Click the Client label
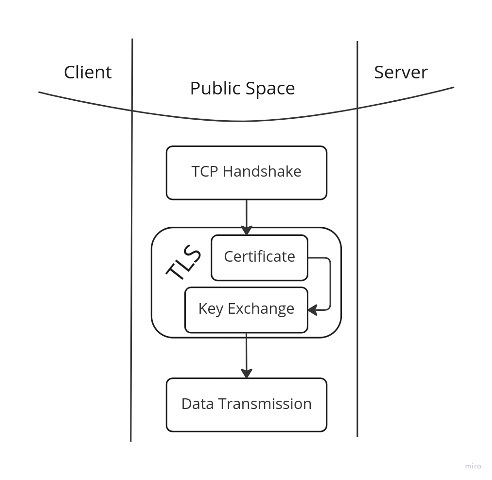88,73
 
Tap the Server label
401,73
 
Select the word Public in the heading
215,89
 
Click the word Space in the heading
270,89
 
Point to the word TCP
204,172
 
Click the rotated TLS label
184,262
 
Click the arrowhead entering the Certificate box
246,230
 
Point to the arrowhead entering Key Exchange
312,310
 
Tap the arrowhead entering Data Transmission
246,373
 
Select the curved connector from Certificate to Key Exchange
330,282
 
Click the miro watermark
473,466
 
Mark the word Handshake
262,172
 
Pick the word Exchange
261,309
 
